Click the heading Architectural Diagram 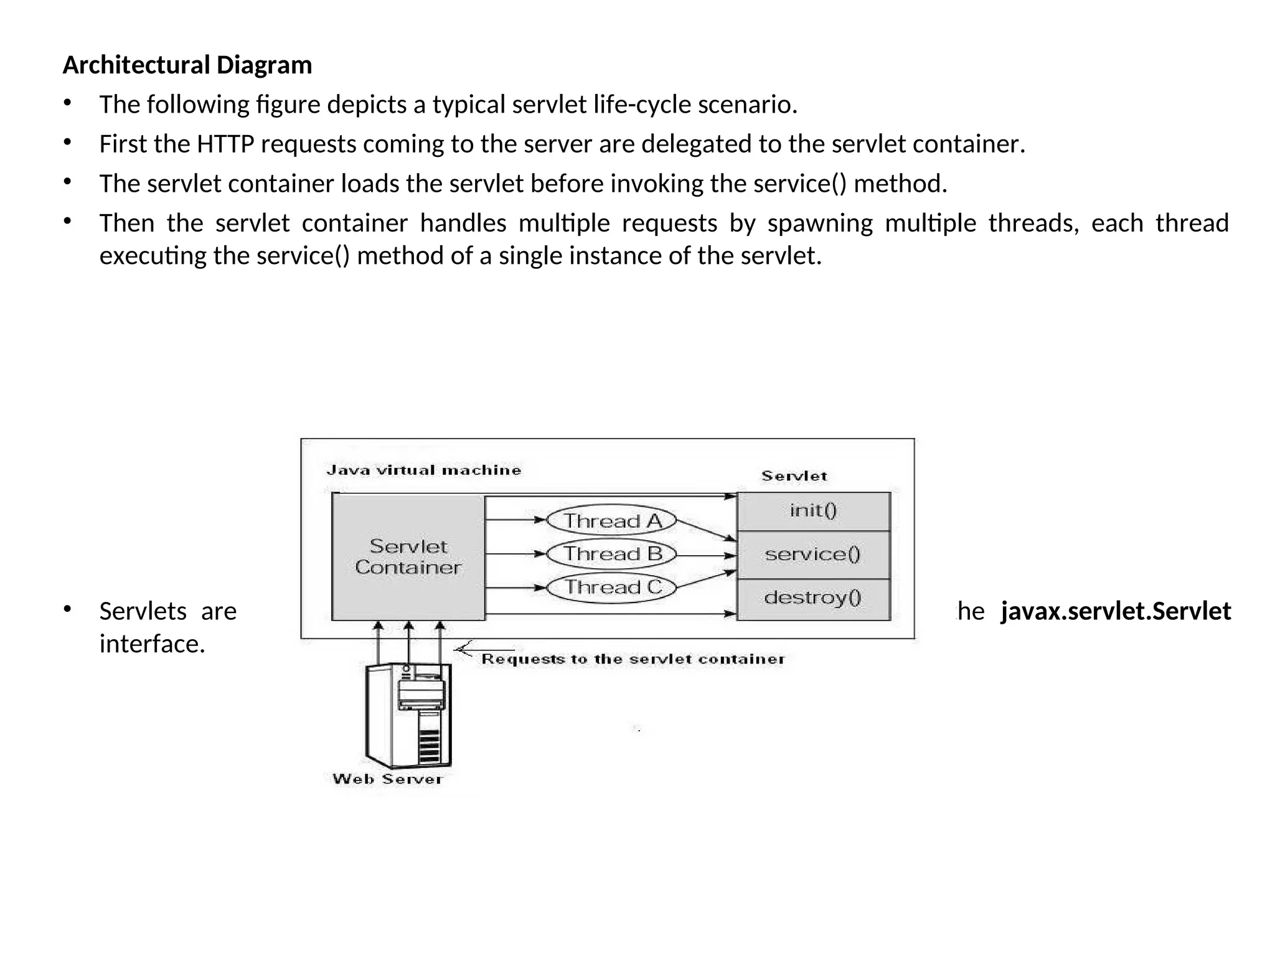tap(187, 65)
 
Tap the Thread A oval tap(611, 520)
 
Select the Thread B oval tap(611, 553)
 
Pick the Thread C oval tap(611, 587)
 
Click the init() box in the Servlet tap(813, 511)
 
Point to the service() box tap(813, 554)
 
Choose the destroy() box tap(813, 598)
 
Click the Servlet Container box tap(408, 557)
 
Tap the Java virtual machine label tap(423, 471)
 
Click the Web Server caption tap(387, 779)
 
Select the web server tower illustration tap(408, 716)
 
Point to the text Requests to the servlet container tap(633, 659)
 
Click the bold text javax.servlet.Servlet tap(1116, 611)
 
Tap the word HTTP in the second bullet tap(225, 144)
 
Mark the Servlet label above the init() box tap(794, 476)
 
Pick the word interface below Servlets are tap(152, 644)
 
